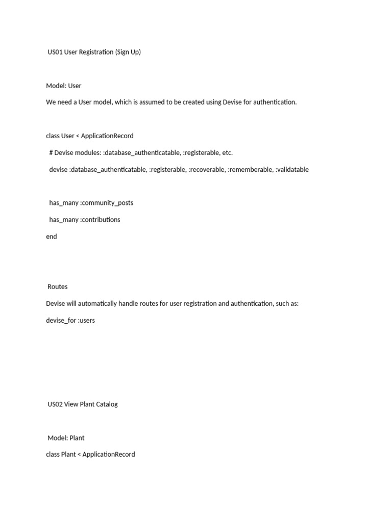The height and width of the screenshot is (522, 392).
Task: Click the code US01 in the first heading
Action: click(x=55, y=52)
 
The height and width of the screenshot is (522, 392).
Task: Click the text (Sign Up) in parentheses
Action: click(x=128, y=52)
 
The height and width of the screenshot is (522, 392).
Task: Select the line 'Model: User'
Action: click(x=64, y=86)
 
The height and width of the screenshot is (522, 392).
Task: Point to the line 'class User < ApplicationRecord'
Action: click(x=90, y=136)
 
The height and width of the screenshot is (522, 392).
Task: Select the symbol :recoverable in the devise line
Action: click(x=207, y=169)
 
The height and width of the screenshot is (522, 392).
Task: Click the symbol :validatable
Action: click(x=292, y=169)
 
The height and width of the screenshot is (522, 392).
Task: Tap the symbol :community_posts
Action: click(x=107, y=203)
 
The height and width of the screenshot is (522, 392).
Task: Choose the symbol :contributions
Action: click(x=100, y=220)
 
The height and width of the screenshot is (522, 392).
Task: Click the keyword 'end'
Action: click(x=52, y=237)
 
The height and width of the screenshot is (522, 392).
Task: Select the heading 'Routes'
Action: click(x=58, y=286)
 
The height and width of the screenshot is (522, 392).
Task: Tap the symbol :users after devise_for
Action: click(x=86, y=321)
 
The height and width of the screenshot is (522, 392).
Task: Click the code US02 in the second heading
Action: click(x=55, y=404)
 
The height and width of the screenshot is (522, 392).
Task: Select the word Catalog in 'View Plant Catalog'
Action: click(x=106, y=404)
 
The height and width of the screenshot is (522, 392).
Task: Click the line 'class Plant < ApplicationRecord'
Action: click(x=90, y=454)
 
